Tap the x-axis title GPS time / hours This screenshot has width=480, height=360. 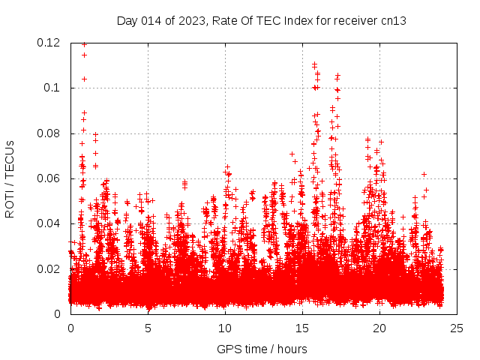(261, 349)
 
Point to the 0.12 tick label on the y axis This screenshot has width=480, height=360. (51, 43)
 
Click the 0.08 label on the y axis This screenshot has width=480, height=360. (51, 133)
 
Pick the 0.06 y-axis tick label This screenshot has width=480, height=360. (51, 178)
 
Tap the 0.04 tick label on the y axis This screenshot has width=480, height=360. (51, 223)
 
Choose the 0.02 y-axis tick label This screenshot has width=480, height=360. (51, 268)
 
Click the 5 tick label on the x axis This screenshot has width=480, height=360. (148, 328)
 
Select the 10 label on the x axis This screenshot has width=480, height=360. (225, 328)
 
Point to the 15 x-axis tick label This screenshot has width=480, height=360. (302, 328)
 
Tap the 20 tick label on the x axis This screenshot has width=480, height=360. (379, 328)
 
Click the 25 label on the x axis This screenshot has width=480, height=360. (457, 328)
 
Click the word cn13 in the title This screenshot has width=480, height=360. (393, 20)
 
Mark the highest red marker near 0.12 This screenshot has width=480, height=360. (84, 44)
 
